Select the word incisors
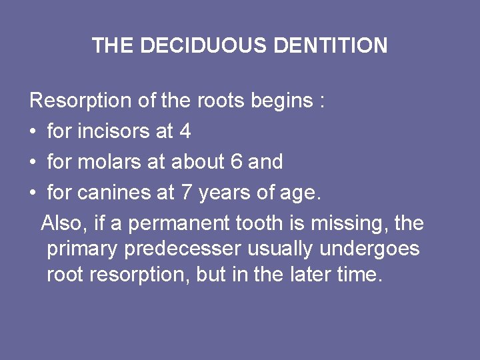point(114,131)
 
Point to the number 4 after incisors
point(185,131)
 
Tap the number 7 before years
point(186,193)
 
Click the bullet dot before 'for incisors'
point(33,132)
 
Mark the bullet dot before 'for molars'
point(33,163)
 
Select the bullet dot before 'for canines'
point(33,193)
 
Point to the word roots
point(221,101)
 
